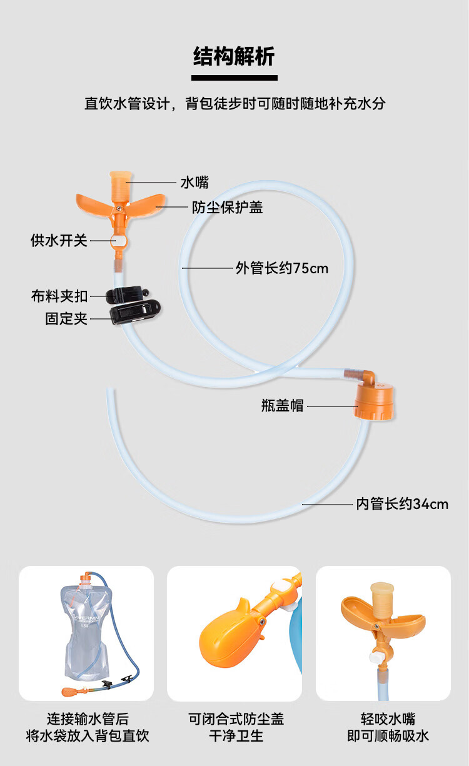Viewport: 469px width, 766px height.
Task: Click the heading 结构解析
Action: point(234,57)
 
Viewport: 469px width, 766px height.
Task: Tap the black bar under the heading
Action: point(234,78)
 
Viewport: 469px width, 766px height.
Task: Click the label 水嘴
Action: point(194,183)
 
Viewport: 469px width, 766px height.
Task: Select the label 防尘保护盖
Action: point(227,208)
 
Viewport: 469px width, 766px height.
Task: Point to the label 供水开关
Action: point(59,240)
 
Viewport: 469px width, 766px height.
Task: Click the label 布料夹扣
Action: point(59,296)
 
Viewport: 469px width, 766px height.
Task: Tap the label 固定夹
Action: point(66,318)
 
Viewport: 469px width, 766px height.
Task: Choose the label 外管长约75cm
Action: point(281,268)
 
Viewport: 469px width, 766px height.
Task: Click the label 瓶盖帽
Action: point(282,405)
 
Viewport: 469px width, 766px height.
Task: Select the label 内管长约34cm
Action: point(402,503)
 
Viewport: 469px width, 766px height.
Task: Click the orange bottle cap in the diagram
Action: point(374,402)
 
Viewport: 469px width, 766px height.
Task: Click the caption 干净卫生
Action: point(236,736)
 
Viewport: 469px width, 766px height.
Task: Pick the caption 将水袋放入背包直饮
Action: point(88,736)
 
